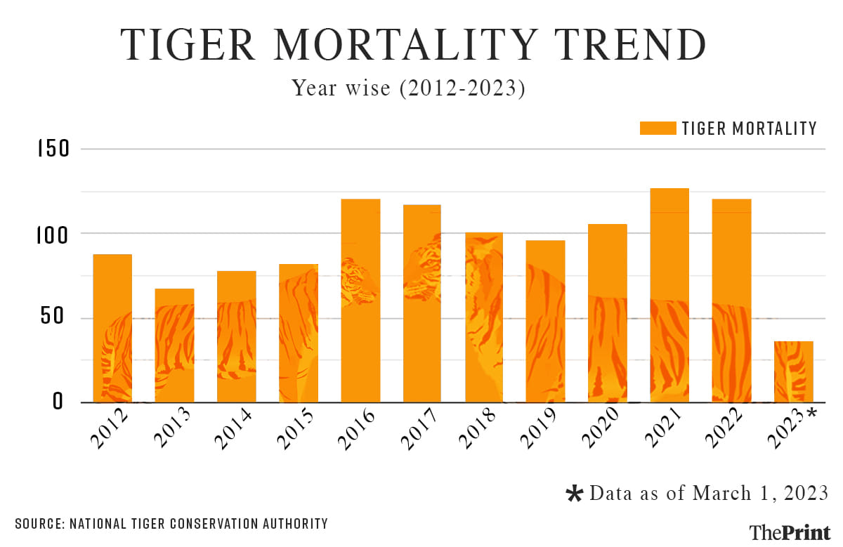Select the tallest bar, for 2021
click(669, 295)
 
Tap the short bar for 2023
click(794, 371)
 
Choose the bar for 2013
click(174, 345)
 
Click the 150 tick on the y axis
click(54, 150)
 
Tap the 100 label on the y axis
click(54, 234)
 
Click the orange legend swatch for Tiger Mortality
click(658, 128)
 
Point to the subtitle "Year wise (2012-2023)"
click(408, 88)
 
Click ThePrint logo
click(790, 532)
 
